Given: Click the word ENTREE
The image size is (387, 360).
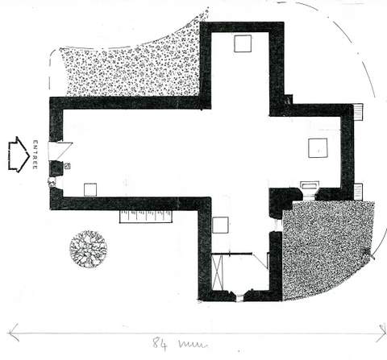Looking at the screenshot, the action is [x=35, y=155].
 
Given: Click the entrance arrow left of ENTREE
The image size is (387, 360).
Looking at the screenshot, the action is [x=19, y=155].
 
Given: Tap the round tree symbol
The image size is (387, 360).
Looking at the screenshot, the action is [x=89, y=249].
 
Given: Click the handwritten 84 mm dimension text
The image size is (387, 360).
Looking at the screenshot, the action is [x=180, y=344].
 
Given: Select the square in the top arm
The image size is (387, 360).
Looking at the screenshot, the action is [x=243, y=43].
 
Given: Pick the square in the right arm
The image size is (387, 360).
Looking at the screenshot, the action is [x=318, y=148].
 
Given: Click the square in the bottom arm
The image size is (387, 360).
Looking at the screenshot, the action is [x=220, y=225].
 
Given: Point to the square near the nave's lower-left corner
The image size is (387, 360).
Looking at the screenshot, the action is [x=90, y=190].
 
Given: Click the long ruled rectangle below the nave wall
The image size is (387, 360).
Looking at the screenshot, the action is [x=146, y=217].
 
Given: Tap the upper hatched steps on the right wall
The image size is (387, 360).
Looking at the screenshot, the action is [x=359, y=112].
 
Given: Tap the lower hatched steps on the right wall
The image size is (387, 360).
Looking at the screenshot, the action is [x=358, y=192].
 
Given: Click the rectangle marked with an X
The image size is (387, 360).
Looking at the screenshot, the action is [x=218, y=272].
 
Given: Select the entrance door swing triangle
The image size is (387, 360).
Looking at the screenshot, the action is [x=60, y=151].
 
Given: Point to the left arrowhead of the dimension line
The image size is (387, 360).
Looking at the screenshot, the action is [x=14, y=333].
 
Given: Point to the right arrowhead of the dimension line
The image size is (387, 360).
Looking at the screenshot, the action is [x=381, y=333].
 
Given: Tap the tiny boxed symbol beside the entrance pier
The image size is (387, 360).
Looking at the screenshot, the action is [x=68, y=166].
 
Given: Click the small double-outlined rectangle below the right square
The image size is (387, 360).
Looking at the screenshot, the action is [x=310, y=185].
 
